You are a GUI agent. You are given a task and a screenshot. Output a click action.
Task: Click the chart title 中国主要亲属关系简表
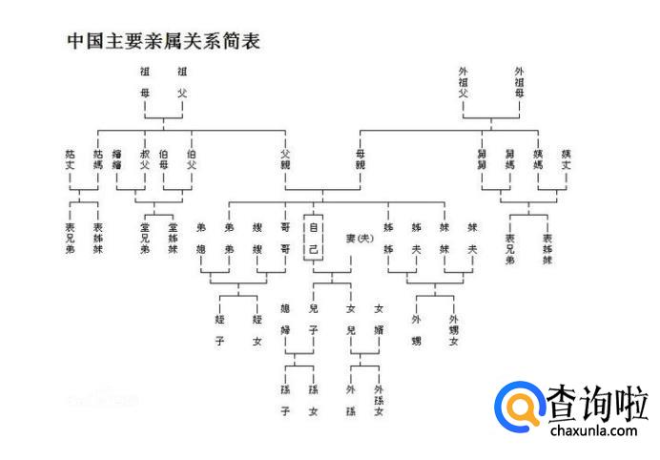163,41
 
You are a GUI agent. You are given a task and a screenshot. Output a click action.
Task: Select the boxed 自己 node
313,238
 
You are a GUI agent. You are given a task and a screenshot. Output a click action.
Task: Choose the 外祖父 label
464,82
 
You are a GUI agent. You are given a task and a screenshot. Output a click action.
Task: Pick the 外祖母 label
520,82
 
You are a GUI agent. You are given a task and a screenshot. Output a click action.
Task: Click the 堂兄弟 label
145,238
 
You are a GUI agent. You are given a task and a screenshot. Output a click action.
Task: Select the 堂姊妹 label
173,238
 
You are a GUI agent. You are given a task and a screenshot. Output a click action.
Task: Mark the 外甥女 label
454,329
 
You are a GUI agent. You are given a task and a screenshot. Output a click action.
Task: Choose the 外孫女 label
379,400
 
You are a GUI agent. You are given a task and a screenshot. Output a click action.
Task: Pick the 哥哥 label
285,238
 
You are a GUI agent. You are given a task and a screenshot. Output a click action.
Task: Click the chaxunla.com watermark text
593,431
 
